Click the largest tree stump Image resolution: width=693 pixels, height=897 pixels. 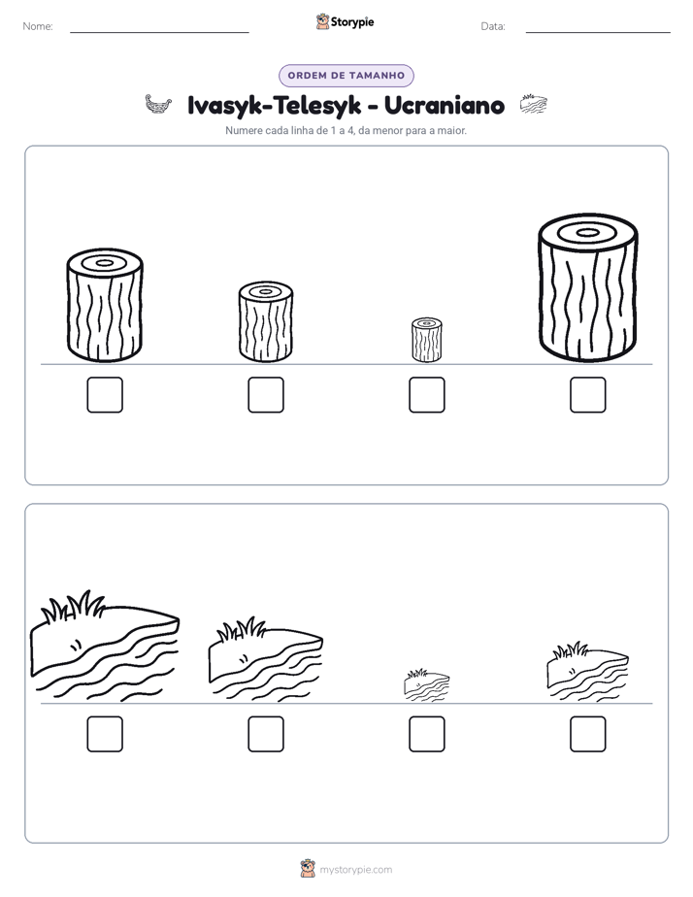coord(587,287)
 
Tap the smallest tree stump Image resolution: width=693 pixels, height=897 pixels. coord(426,340)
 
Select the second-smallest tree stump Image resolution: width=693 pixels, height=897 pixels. coord(266,321)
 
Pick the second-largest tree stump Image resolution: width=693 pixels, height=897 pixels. coord(105,305)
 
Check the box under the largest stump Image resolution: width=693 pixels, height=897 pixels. coord(587,395)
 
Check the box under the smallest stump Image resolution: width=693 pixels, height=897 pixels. coord(426,395)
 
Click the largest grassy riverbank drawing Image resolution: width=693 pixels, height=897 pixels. coord(105,646)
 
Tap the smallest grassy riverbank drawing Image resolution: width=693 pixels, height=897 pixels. coord(426,684)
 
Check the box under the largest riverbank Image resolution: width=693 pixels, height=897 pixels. coord(105,734)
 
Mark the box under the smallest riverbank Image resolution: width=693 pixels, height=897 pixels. coord(426,734)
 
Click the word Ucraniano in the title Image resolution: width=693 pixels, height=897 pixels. coord(445,105)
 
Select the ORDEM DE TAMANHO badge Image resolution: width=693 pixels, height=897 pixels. coord(346,76)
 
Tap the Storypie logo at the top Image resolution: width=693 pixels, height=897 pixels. coord(345,22)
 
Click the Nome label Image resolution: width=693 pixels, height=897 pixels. coord(38,26)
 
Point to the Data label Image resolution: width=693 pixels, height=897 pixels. coord(493,26)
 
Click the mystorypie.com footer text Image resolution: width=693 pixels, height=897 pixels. coord(355,870)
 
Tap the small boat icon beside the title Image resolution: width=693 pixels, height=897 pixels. coord(158,105)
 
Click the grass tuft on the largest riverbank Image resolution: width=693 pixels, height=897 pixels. coord(73,607)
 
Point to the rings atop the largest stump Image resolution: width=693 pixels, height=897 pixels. coord(587,233)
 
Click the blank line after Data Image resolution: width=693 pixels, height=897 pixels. coord(598,32)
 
